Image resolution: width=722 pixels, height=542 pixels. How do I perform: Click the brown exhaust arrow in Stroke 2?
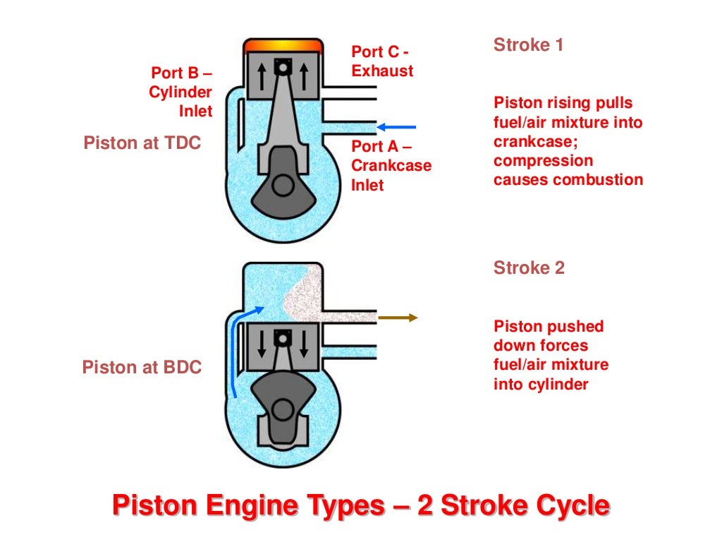point(398,318)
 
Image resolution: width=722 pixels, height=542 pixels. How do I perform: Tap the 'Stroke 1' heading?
point(528,45)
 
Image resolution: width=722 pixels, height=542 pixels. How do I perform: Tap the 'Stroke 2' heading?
point(529,268)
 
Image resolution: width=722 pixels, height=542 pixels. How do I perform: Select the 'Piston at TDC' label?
point(142,143)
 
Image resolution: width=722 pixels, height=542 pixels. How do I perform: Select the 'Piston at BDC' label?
point(142,367)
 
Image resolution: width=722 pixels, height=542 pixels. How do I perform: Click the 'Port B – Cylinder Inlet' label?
point(181,92)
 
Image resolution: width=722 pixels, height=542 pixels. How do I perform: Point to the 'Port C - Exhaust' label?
point(382,61)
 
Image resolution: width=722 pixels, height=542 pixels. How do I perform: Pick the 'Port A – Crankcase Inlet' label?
point(391,166)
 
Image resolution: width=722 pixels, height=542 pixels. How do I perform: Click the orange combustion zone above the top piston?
point(283,45)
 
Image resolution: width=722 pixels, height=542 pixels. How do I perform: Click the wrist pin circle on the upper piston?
point(283,68)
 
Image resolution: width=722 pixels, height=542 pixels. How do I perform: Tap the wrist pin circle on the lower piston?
point(283,338)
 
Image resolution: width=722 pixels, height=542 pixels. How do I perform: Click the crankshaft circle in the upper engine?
point(283,186)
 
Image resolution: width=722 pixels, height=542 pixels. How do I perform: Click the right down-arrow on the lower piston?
point(304,344)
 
